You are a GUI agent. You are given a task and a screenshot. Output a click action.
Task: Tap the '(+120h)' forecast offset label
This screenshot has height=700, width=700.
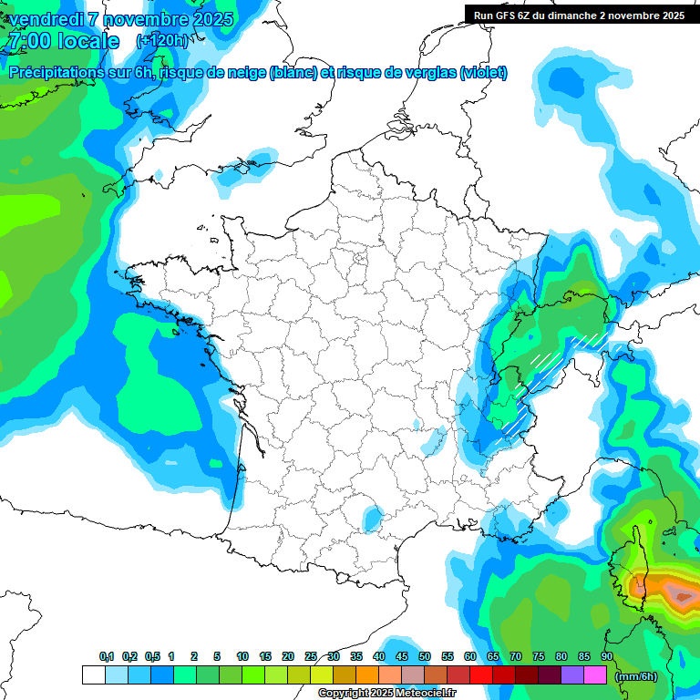click(x=163, y=40)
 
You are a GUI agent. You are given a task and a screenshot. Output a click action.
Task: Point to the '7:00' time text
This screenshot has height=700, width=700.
click(x=29, y=41)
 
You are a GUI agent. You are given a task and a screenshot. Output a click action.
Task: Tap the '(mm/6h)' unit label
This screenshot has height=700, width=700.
click(x=635, y=675)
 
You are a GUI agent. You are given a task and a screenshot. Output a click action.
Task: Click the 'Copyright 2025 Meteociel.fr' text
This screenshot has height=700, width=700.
click(x=386, y=694)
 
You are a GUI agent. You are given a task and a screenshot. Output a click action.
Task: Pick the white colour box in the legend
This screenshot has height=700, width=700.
click(x=93, y=675)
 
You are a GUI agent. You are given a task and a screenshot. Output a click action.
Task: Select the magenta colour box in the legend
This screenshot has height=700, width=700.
click(x=595, y=675)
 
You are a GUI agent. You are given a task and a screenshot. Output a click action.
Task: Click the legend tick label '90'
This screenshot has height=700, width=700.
click(x=606, y=656)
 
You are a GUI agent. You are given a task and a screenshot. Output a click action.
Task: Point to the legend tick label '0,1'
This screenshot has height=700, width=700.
click(x=107, y=656)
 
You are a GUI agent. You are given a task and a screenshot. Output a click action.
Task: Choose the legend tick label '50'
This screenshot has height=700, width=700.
click(x=425, y=656)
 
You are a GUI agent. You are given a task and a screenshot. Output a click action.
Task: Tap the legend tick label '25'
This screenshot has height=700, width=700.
click(x=311, y=656)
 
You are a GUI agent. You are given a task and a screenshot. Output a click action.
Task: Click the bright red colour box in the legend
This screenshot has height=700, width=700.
click(x=481, y=675)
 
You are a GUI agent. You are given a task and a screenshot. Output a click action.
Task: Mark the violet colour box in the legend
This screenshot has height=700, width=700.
click(x=572, y=675)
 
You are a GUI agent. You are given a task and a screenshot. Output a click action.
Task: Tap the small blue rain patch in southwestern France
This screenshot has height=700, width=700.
click(x=373, y=519)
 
